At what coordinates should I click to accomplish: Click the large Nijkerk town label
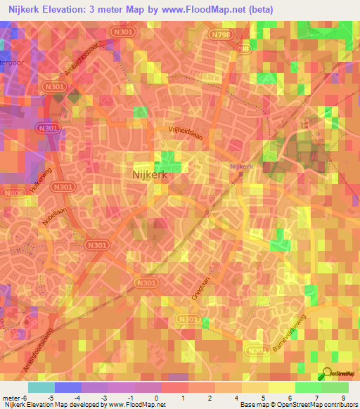point(150,176)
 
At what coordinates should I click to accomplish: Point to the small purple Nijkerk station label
point(241,167)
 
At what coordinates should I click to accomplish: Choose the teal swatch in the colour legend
point(41,387)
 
